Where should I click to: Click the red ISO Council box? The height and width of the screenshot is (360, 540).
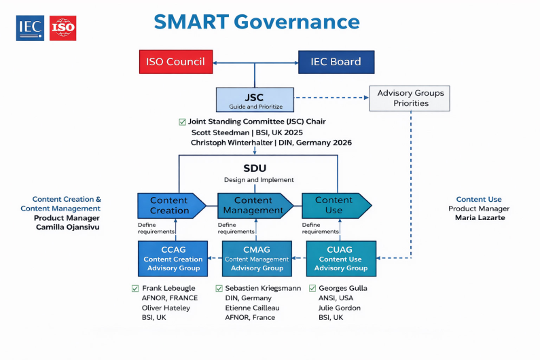point(175,62)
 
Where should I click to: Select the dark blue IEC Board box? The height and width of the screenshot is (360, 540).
point(336,62)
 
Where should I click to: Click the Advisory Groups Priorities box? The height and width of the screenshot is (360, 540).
point(410,98)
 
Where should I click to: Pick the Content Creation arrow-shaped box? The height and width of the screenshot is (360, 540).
point(170,205)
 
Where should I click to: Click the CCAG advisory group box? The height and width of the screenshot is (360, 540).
point(173,258)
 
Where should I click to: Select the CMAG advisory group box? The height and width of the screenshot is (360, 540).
point(256,258)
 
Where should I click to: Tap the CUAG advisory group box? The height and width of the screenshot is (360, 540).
point(340,258)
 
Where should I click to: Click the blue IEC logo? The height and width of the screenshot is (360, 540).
point(31,28)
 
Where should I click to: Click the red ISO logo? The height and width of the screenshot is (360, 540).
point(63,28)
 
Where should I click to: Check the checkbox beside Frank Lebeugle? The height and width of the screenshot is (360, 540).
point(135,289)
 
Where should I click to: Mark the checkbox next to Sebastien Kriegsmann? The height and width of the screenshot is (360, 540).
point(219,289)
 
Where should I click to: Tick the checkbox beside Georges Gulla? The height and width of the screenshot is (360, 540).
point(312,289)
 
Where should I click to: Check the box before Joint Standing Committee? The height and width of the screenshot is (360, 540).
point(182,122)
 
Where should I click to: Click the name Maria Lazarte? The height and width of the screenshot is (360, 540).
point(480,218)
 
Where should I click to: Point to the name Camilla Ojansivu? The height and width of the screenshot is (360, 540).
point(67,227)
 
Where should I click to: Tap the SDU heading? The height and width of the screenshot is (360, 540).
point(255,168)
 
